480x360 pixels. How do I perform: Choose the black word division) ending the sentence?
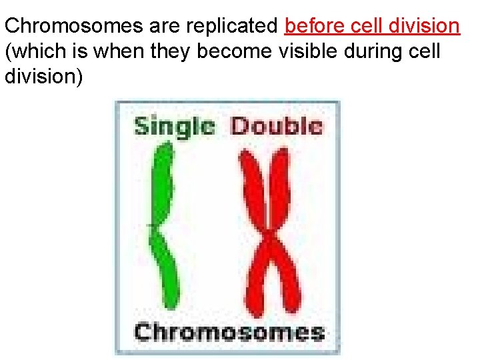click(x=44, y=77)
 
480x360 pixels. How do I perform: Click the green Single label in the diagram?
click(x=175, y=126)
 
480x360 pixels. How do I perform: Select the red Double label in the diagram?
click(x=276, y=126)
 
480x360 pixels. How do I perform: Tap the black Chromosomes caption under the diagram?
click(x=229, y=331)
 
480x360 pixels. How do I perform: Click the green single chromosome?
click(x=162, y=227)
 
